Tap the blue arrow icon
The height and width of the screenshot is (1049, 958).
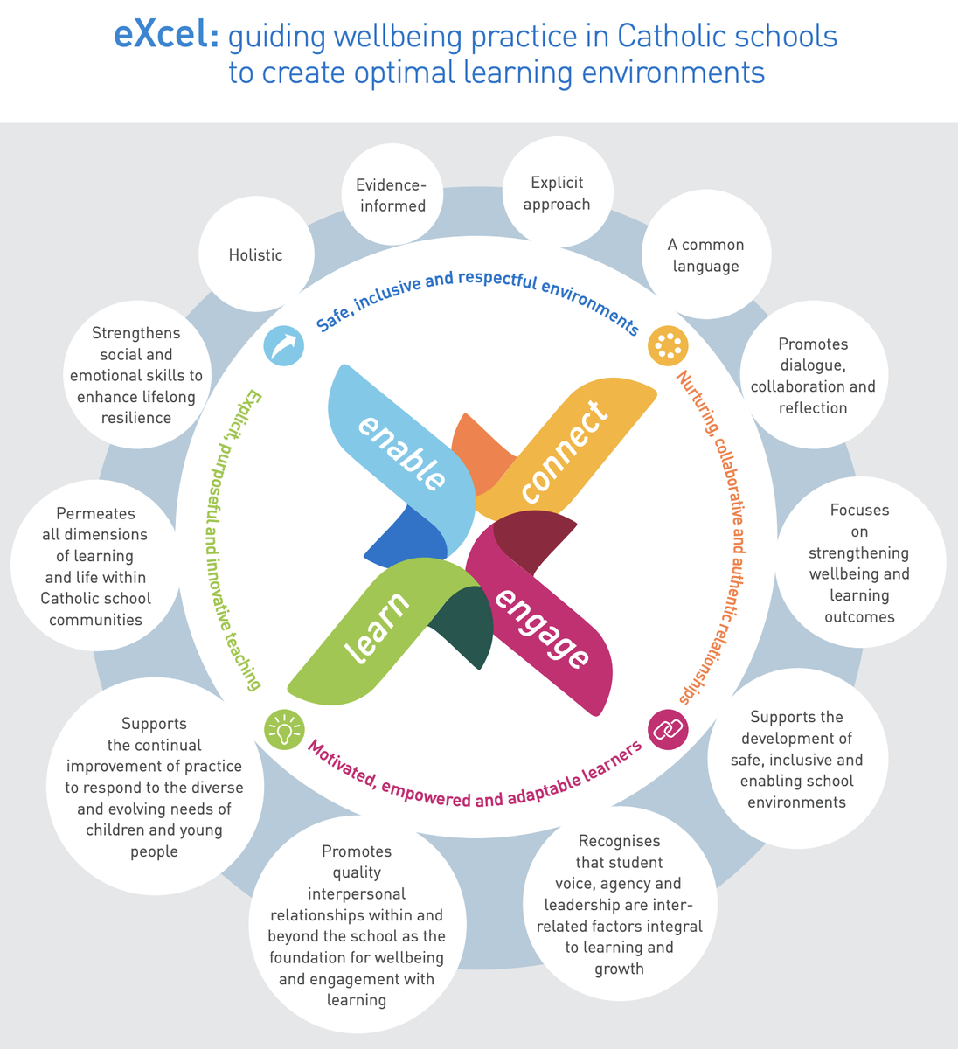click(284, 345)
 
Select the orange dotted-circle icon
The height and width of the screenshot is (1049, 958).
click(668, 345)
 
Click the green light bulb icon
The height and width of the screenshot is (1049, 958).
click(284, 730)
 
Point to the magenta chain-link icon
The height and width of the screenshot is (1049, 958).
click(668, 729)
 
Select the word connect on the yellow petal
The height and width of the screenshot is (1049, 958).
click(565, 451)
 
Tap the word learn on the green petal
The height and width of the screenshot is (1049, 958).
click(377, 628)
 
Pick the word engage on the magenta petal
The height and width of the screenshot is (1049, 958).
click(542, 629)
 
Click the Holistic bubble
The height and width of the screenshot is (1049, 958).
click(256, 254)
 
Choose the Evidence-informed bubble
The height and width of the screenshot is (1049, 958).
click(392, 195)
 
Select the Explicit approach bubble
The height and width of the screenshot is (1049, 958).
click(558, 192)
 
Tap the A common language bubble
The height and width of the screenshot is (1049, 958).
click(706, 254)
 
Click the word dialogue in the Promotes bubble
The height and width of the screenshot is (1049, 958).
click(812, 365)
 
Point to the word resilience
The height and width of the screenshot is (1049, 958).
click(136, 418)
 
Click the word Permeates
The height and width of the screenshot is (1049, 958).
click(95, 513)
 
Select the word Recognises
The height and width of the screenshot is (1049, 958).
click(619, 841)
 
